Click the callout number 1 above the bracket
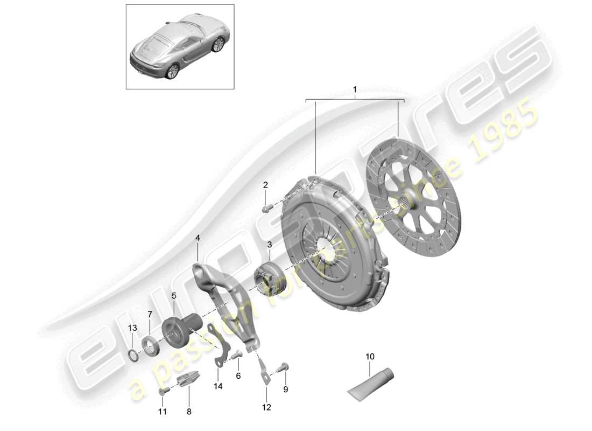click(355, 89)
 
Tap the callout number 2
click(265, 185)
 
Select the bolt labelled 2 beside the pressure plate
click(267, 207)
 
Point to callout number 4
click(198, 237)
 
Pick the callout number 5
click(174, 295)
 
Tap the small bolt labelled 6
click(236, 356)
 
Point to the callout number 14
click(218, 386)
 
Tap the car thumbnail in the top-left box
click(180, 47)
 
